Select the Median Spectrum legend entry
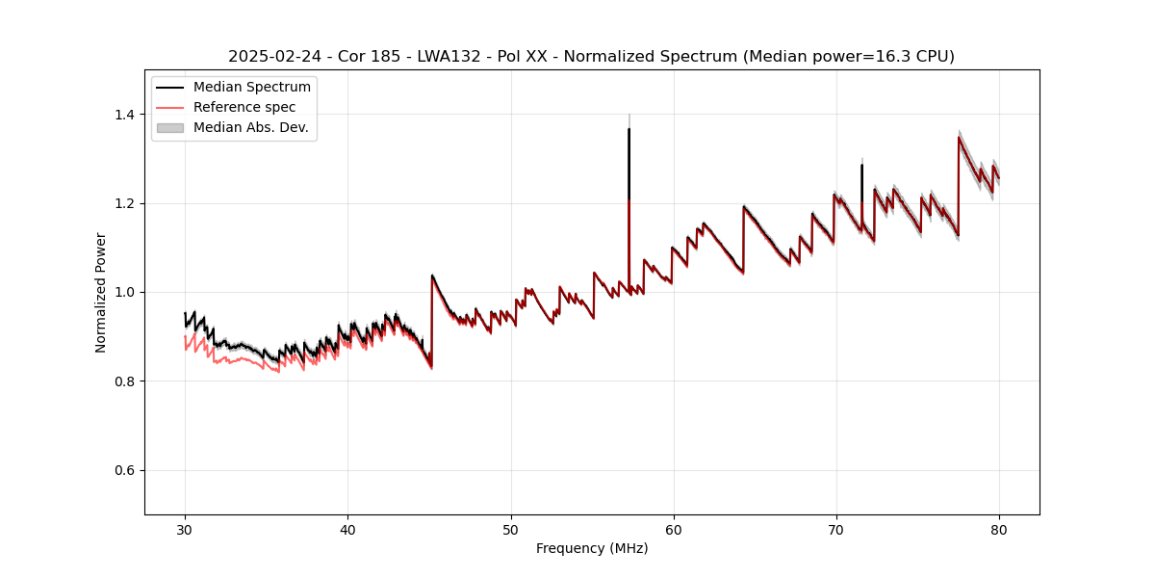coord(252,88)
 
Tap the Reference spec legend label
coord(244,107)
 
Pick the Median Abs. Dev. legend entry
coord(250,127)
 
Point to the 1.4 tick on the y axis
coord(126,115)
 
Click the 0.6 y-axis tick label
coord(126,470)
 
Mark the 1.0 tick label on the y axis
coord(126,293)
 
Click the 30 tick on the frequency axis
coord(186,529)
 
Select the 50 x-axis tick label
coord(511,529)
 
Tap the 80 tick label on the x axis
coord(999,529)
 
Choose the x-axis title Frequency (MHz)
coord(592,548)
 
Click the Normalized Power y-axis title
coord(101,292)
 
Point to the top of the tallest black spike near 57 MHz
coord(629,129)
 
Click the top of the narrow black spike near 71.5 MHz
coord(861,165)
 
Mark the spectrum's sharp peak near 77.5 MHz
coord(959,137)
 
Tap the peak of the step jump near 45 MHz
coord(432,276)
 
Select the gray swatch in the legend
coord(169,127)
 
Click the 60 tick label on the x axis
coord(674,529)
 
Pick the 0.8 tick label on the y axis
coord(126,381)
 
